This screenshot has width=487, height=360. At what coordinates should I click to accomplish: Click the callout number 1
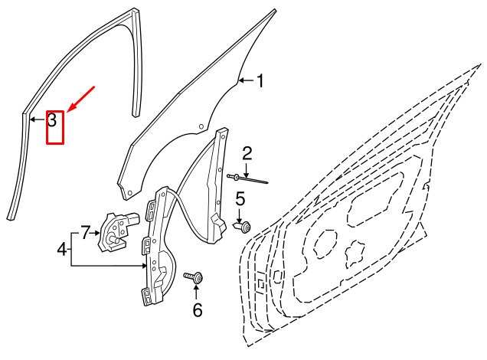pyautogui.click(x=260, y=80)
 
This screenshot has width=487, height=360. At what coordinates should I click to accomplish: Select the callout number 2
pyautogui.click(x=247, y=153)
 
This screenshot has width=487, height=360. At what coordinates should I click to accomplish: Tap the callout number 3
pyautogui.click(x=52, y=119)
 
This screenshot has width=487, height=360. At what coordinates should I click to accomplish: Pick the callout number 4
pyautogui.click(x=62, y=249)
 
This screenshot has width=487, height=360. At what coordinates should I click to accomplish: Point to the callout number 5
pyautogui.click(x=240, y=199)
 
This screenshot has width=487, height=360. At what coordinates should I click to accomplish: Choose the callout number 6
pyautogui.click(x=198, y=309)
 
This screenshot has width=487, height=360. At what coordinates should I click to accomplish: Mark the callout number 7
pyautogui.click(x=86, y=233)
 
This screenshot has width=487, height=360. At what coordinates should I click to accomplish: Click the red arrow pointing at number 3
pyautogui.click(x=80, y=99)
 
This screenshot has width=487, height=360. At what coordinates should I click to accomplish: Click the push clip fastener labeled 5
pyautogui.click(x=243, y=227)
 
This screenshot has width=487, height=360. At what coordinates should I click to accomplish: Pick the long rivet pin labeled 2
pyautogui.click(x=247, y=179)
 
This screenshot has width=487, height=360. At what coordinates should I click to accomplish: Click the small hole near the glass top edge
pyautogui.click(x=201, y=126)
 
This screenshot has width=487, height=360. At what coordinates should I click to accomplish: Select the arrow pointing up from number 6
pyautogui.click(x=196, y=292)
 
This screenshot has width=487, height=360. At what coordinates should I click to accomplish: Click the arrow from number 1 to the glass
pyautogui.click(x=247, y=80)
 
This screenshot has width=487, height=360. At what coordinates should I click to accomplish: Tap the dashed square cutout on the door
pyautogui.click(x=260, y=283)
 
